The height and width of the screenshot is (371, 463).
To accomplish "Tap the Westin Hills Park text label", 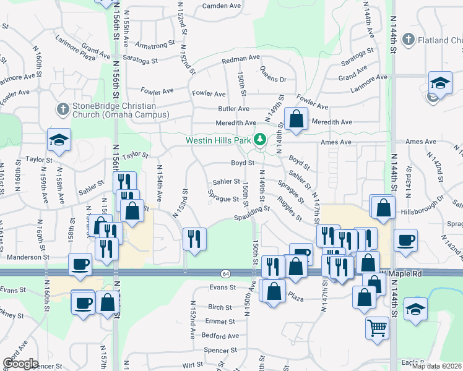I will point(219,140).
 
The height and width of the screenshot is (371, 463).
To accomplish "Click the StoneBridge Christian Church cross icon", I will point(62,109).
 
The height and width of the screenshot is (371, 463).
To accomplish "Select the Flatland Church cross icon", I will point(408,40).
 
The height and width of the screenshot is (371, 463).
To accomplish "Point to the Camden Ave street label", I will point(222,6).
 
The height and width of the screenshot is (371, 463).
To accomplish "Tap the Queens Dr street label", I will point(273,75).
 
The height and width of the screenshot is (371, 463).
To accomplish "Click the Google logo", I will point(20,364).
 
